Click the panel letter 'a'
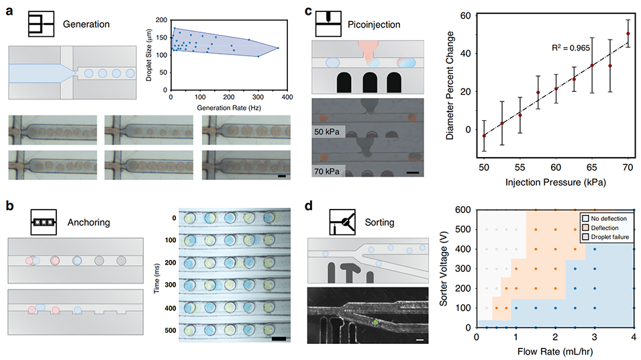(x=10, y=11)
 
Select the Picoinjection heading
(x=376, y=24)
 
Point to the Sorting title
(x=380, y=222)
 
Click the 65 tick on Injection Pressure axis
(x=592, y=165)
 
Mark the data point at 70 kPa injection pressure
(x=628, y=34)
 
